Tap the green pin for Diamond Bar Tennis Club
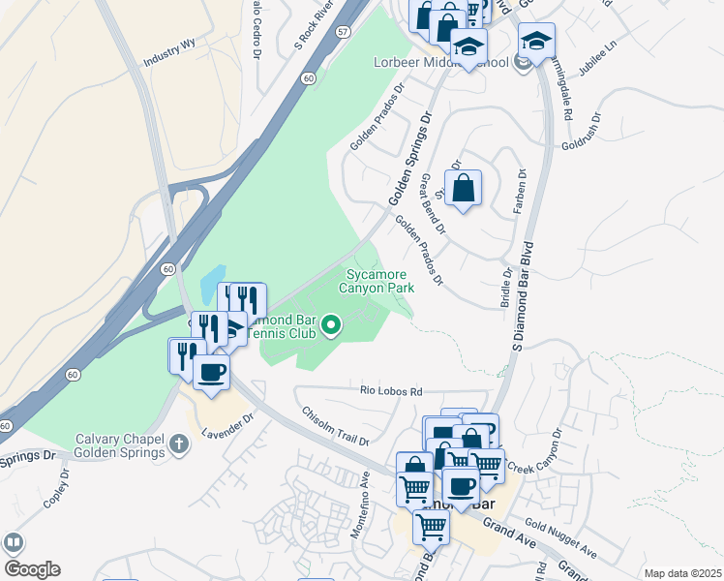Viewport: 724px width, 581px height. [332, 326]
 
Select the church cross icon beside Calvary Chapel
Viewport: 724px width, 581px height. [177, 443]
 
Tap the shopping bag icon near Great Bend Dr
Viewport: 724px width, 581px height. [464, 187]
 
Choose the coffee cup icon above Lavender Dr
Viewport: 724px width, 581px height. [211, 371]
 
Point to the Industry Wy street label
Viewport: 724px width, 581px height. [168, 59]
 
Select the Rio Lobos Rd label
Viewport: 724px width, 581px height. [391, 392]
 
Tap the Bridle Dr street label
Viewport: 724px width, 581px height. [504, 289]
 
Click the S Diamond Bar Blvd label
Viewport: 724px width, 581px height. [522, 294]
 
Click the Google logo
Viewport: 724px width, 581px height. [32, 569]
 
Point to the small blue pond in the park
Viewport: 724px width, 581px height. [212, 284]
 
